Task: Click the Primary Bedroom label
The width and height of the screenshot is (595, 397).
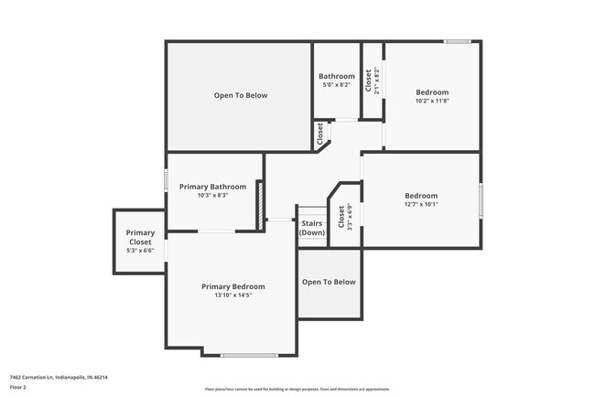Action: click(233, 286)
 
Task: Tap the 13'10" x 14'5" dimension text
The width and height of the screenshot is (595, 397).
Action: click(233, 295)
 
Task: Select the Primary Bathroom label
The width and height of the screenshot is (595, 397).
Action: click(212, 187)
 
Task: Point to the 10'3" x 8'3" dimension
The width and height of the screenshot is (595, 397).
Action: click(212, 195)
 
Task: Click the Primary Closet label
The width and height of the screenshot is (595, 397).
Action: click(140, 237)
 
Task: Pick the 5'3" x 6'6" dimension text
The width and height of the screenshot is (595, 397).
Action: click(140, 250)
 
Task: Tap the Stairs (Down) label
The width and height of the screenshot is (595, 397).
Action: click(312, 228)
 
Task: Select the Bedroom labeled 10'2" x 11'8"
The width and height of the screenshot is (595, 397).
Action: click(432, 92)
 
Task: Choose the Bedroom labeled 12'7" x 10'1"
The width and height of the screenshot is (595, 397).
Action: click(421, 196)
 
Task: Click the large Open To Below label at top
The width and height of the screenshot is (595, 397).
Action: click(240, 95)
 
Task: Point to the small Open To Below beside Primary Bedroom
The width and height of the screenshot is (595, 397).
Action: click(329, 282)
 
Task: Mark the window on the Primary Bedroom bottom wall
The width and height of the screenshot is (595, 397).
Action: click(249, 355)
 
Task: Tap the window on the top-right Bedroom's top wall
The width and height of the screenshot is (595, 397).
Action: click(458, 41)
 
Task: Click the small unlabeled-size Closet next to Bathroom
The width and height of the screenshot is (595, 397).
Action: click(321, 134)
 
